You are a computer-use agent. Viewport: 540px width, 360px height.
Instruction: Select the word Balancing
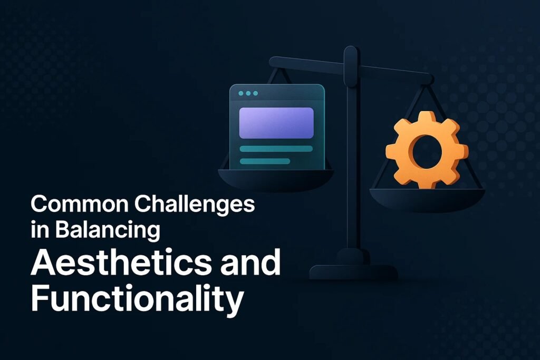(108, 231)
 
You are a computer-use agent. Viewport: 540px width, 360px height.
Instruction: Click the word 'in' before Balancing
(40, 230)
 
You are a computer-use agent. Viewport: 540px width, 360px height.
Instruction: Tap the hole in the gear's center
(427, 152)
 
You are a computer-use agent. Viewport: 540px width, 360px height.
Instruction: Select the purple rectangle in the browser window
(276, 123)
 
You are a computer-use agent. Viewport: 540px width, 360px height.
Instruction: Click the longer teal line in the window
(276, 149)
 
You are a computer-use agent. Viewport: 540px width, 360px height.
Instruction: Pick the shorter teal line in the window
(265, 161)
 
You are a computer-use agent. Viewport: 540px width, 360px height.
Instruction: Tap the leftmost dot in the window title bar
(240, 93)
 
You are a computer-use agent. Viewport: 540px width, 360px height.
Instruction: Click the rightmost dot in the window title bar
(255, 93)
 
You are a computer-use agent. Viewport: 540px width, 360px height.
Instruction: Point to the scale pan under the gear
(427, 200)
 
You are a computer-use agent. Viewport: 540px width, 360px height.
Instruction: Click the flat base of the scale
(354, 272)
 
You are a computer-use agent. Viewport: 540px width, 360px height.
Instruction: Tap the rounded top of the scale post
(351, 52)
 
